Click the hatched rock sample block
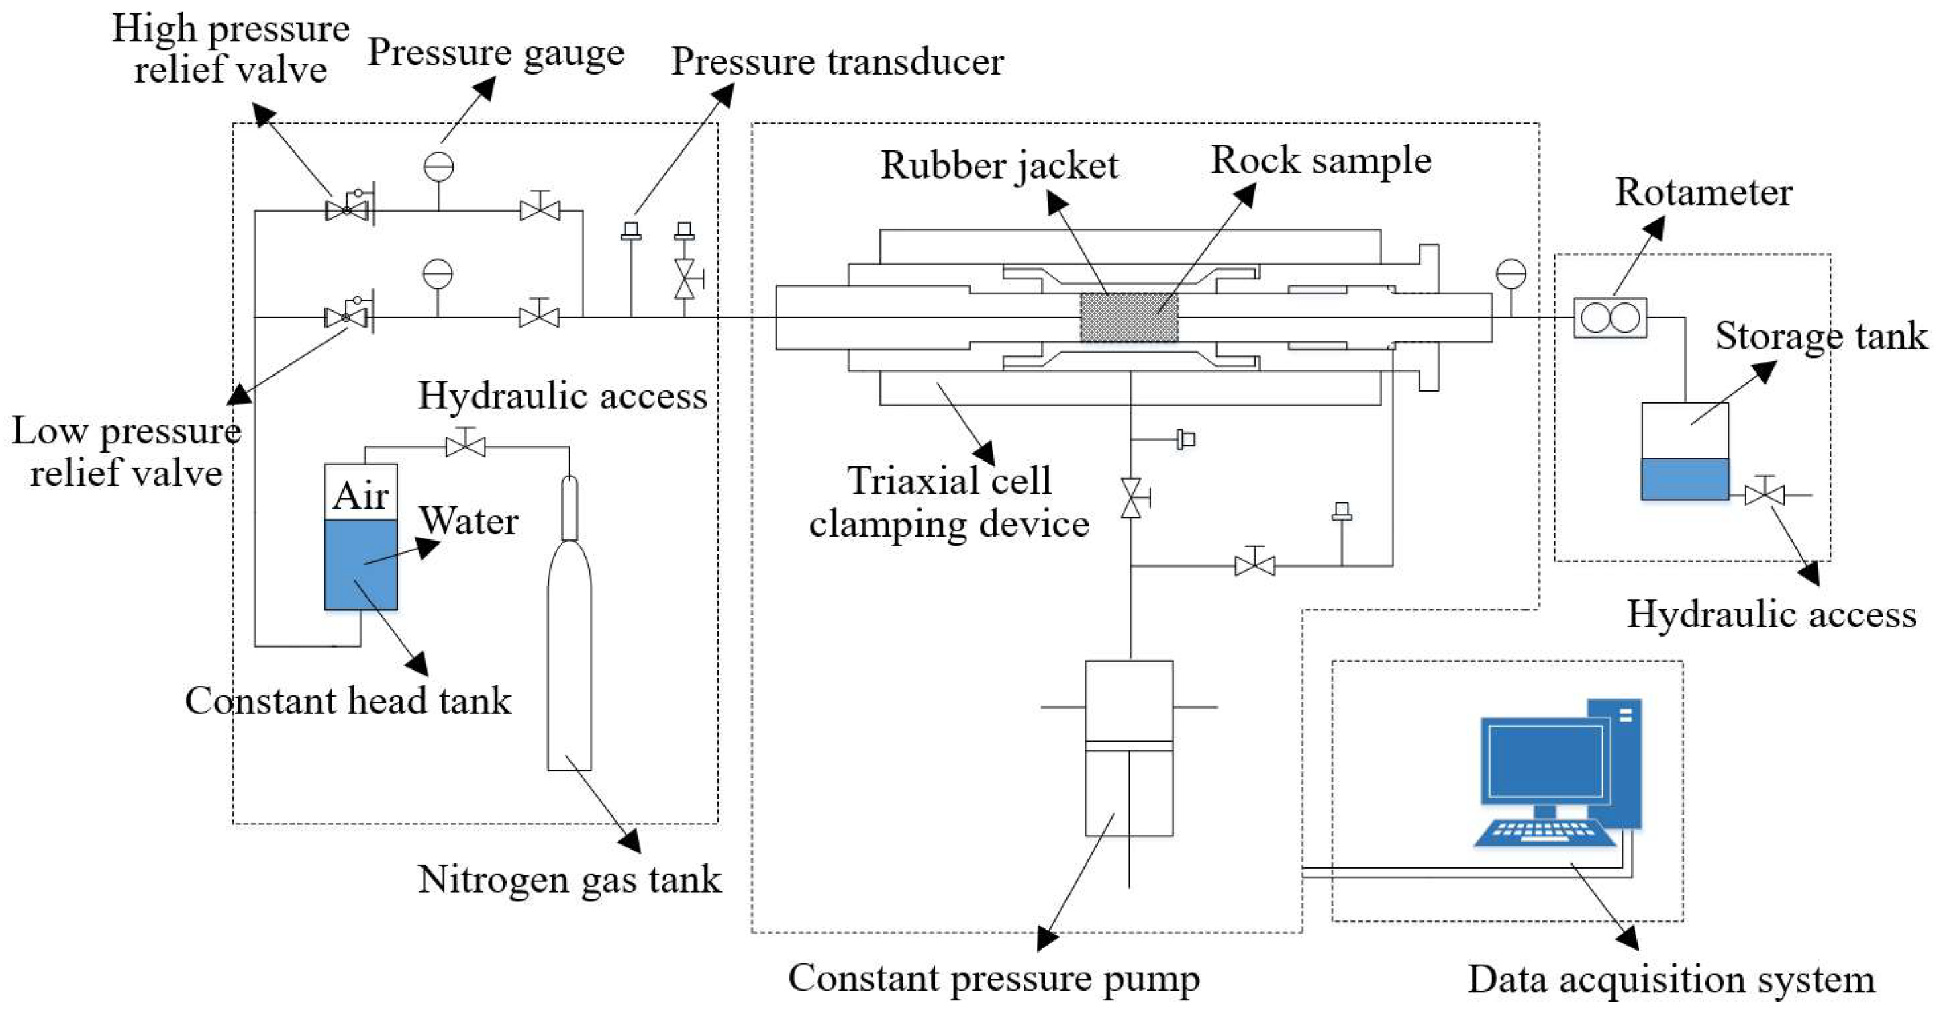[x=1129, y=318]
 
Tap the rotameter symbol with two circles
[x=1610, y=318]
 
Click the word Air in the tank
[x=360, y=494]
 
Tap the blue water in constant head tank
[x=360, y=564]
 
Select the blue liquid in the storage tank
[x=1685, y=479]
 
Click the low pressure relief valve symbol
[x=346, y=317]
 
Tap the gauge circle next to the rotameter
[x=1511, y=274]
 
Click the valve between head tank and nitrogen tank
[x=465, y=447]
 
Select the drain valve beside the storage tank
[x=1764, y=494]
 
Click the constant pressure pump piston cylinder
[x=1129, y=748]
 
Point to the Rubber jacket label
[x=999, y=165]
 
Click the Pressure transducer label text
[x=837, y=62]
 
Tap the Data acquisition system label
[x=1671, y=979]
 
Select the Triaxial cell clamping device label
[x=949, y=502]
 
